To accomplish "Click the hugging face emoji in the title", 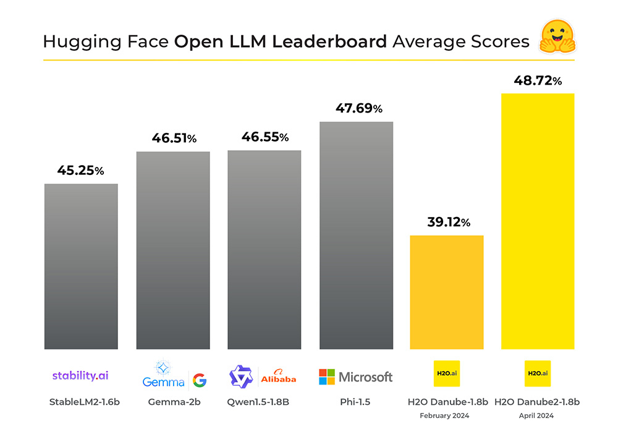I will [557, 37].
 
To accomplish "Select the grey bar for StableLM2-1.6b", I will [81, 266].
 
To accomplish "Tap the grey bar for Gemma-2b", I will [173, 250].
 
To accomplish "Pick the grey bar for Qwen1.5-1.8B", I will [265, 250].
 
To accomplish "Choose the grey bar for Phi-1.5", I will [356, 236].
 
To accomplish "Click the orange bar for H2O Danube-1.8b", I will [447, 292].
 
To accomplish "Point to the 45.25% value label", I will [80, 171].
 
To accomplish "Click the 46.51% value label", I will [174, 139].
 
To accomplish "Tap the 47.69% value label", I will [359, 109].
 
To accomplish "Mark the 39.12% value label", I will [449, 223].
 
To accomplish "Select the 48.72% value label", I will [538, 80].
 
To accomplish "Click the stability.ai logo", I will [80, 375].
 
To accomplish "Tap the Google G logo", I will [200, 380].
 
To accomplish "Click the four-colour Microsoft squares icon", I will [327, 377].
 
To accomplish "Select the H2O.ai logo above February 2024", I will [447, 373].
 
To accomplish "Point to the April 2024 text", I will [537, 416].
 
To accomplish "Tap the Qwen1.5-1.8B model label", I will [264, 402].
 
